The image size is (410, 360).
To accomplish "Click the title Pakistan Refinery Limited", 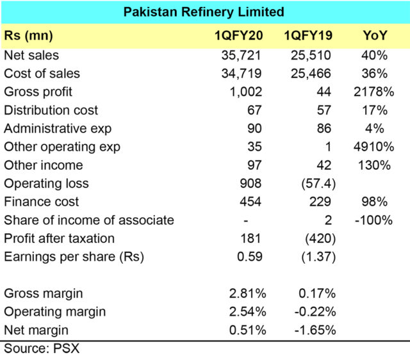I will point(204,12).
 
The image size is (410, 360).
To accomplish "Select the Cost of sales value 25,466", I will point(315,74).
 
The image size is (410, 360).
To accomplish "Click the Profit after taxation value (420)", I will point(320,238).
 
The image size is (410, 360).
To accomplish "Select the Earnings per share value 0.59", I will point(249,257).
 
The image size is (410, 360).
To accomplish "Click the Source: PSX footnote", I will point(42,349).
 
